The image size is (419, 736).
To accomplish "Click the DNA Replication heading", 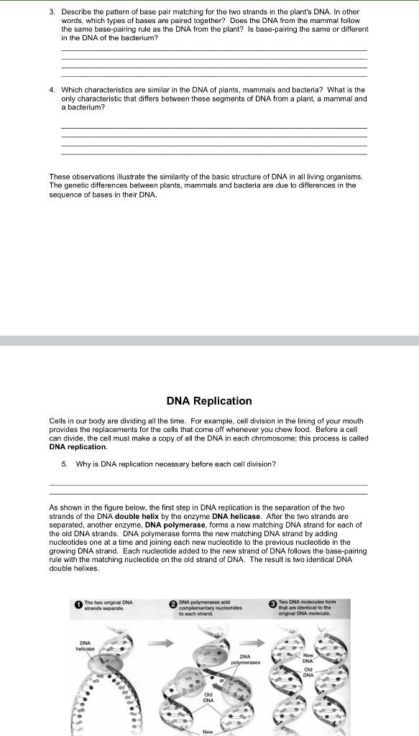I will point(209,401).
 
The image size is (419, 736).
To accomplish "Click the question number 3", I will point(52,12).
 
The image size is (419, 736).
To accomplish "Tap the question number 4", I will point(52,90).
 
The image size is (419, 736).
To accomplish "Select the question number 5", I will point(64,464).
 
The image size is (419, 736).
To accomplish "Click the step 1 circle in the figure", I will point(78,605).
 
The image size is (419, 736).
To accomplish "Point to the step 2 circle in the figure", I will point(173,605).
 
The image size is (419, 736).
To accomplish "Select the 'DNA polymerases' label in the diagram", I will point(244,659).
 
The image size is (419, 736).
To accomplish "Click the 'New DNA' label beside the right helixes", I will point(308,658).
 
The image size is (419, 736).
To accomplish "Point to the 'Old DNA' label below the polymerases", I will point(208,697).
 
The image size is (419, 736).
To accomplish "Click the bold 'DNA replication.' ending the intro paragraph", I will point(78,446).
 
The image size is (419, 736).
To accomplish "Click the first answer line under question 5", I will point(208,485).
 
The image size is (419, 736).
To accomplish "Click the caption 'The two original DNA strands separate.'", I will point(109,605).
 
